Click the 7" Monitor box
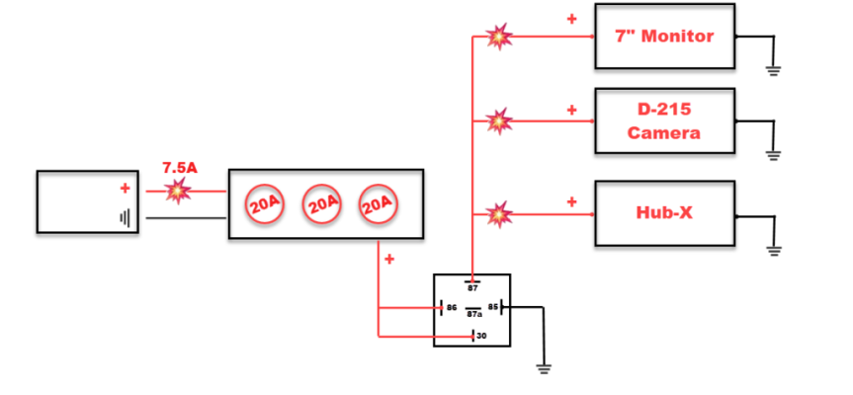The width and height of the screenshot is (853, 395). (665, 37)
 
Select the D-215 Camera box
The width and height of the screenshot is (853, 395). (665, 120)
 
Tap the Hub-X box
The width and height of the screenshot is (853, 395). (665, 213)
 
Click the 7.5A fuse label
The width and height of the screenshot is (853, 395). (180, 168)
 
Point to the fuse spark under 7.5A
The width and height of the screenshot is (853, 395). (178, 191)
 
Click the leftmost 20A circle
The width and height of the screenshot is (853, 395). (266, 204)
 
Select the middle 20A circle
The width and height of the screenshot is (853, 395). (322, 204)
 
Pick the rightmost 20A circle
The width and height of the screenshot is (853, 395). (379, 204)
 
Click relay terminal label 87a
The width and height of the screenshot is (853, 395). (473, 314)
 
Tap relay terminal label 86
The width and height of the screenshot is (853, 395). (452, 307)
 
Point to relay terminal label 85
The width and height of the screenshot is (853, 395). (493, 307)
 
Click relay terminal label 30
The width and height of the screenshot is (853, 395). (481, 336)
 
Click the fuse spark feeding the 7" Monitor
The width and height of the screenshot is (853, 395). (499, 37)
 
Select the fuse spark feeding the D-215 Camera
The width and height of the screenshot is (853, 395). (499, 120)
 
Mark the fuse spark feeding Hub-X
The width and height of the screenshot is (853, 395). (499, 214)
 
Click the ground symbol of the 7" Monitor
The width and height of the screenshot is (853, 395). (774, 70)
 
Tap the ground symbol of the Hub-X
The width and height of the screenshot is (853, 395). (774, 251)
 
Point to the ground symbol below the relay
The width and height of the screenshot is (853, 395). (543, 369)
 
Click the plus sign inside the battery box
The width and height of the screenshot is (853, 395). (126, 189)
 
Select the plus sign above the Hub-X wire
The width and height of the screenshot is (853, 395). (571, 202)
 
